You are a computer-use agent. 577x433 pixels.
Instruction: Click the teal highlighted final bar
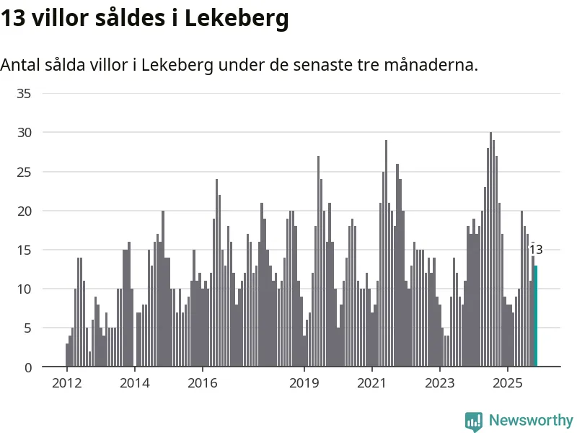tap(536, 316)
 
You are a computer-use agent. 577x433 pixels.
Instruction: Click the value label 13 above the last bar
tap(535, 250)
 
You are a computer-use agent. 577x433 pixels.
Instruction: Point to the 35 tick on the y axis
tap(24, 93)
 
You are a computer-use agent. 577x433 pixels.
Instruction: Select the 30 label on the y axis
tap(24, 132)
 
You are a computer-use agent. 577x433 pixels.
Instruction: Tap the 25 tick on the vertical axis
tap(24, 172)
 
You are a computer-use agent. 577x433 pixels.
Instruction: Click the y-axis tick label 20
tap(24, 211)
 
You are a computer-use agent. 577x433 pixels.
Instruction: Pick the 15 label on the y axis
tap(24, 250)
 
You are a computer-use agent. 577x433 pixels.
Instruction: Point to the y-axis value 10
tap(24, 289)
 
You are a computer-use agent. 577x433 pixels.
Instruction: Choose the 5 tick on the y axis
tap(27, 328)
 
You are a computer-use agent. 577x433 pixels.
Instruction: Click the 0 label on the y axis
tap(27, 367)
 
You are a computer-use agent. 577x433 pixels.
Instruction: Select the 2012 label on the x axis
tap(66, 382)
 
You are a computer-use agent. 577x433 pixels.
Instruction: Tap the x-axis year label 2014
tap(134, 382)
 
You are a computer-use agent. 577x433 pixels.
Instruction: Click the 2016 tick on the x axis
tap(202, 382)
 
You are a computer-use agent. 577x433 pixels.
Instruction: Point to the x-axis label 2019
tap(304, 382)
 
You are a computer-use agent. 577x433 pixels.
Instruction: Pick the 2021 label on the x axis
tap(371, 382)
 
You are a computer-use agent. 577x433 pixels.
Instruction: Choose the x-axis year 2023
tap(439, 382)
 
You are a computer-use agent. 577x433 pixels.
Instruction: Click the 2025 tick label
tap(507, 382)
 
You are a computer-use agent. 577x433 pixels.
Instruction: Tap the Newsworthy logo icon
tap(473, 421)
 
